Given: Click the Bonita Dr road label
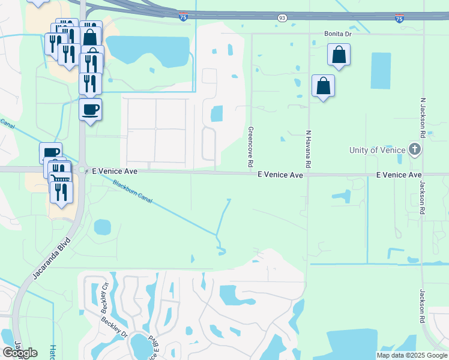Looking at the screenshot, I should coord(337,34).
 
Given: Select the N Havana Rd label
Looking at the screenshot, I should coord(308,149).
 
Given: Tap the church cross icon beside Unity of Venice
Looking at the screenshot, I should coord(414,149).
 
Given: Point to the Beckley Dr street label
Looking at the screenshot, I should coord(114,328).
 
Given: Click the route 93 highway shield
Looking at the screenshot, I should coord(282,19).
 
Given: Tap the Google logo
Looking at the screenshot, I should coord(20,353).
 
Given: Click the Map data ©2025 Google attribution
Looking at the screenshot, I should coord(411,355).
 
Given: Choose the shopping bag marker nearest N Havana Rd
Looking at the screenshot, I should coord(323,85).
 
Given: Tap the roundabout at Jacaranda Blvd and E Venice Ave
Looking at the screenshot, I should coord(82,170).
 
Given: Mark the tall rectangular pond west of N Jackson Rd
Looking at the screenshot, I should coord(380,71).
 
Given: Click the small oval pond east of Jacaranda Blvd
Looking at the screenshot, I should coord(103,227).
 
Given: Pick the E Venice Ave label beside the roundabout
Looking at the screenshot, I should coord(115,172).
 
